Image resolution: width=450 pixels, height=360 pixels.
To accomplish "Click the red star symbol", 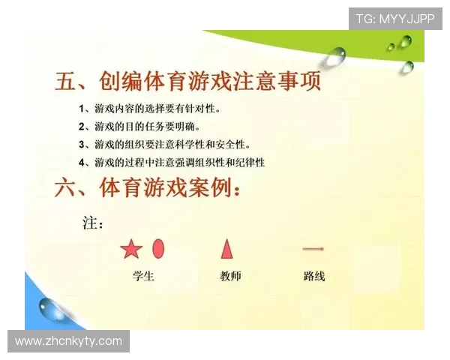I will tap(131, 249).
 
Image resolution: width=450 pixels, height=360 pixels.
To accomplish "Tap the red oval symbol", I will tap(158, 248).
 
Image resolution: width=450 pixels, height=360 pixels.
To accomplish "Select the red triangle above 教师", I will tap(226, 248).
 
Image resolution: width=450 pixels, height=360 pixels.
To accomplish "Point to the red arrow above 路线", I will tap(313, 248).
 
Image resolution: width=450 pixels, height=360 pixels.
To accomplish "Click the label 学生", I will tap(143, 276).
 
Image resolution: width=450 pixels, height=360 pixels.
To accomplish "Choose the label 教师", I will tap(230, 276).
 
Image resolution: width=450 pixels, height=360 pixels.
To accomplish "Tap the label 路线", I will tap(314, 276).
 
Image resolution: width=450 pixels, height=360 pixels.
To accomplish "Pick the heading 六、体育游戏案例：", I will tap(148, 188).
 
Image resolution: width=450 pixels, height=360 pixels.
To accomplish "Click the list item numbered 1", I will tap(149, 109).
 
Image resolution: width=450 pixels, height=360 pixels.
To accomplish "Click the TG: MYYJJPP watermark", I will tap(395, 19).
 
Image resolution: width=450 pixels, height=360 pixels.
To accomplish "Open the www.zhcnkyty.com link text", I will tap(68, 341).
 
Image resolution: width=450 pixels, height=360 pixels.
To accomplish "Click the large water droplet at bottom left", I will tap(52, 307).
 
